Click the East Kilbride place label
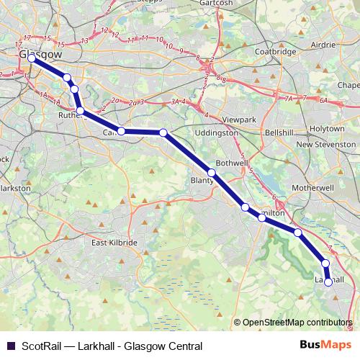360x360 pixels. coord(114,243)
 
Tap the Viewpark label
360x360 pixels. coord(240,117)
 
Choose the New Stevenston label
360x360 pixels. coord(323,144)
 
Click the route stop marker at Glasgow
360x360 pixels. coord(32,58)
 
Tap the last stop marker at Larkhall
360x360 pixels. coord(329,283)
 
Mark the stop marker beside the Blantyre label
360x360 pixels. coord(212,173)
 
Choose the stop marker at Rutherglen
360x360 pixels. coord(80,111)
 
